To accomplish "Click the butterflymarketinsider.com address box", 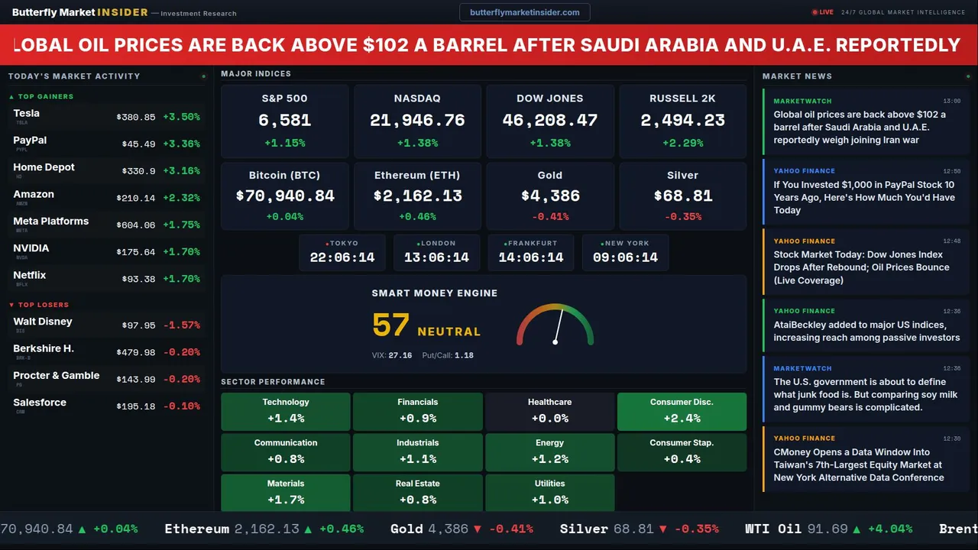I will [524, 12].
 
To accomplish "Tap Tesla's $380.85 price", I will [136, 117].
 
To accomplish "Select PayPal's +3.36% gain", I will [182, 144].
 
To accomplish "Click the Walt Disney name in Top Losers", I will [43, 322].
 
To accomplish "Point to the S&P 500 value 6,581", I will [284, 120].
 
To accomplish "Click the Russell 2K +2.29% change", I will [682, 143].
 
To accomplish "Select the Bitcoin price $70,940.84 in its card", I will [285, 196].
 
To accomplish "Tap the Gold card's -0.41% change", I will [549, 216].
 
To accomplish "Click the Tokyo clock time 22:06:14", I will [342, 257].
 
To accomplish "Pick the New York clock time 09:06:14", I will [625, 257].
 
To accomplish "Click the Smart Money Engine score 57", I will [391, 325].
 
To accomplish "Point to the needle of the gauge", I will [559, 325].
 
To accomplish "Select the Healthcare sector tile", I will [549, 410].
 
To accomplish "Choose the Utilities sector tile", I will [549, 492].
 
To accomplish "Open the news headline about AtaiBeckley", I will [866, 331].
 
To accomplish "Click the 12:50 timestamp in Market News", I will [951, 171].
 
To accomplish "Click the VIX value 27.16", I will [400, 355].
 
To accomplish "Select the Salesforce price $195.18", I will [136, 406].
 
